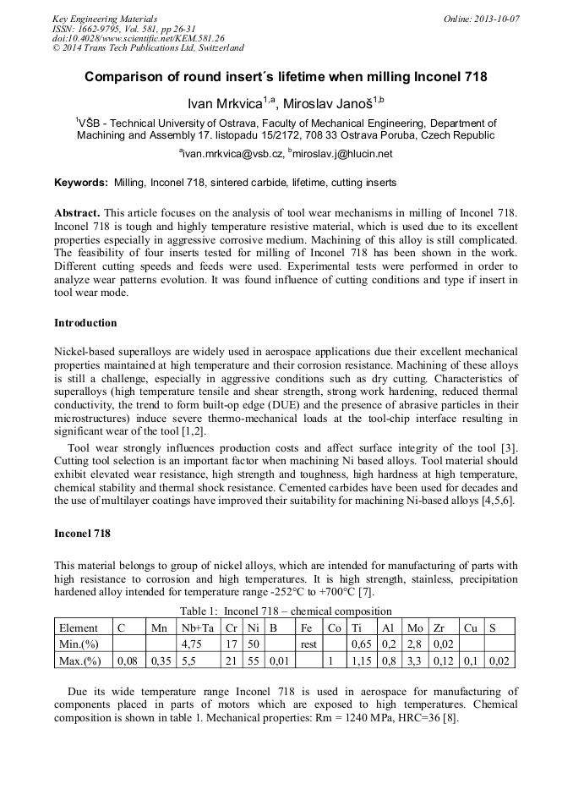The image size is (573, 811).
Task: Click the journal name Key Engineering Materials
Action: point(105,18)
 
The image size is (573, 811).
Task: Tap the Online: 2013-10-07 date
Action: point(481,18)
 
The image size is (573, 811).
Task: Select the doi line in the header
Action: point(139,38)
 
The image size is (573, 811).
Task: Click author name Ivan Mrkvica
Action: point(234,103)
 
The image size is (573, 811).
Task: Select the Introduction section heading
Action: point(85,323)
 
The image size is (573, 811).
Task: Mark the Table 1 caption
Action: point(286,611)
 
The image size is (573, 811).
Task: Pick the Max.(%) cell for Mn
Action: point(159,660)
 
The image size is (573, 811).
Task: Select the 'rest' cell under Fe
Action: point(308,644)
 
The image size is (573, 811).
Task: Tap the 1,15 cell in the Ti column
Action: point(362,660)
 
